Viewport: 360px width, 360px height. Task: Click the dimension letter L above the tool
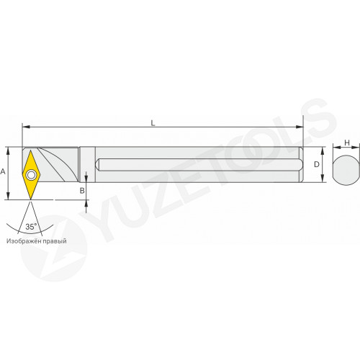(153, 123)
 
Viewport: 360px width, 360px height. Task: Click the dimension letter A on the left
(3, 172)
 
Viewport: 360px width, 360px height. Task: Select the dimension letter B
(82, 191)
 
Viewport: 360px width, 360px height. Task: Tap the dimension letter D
(317, 164)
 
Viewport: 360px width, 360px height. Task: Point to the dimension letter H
(347, 143)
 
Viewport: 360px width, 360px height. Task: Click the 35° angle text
(31, 227)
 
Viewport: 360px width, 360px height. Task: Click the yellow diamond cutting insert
(31, 175)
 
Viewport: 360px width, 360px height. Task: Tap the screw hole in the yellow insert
(31, 175)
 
